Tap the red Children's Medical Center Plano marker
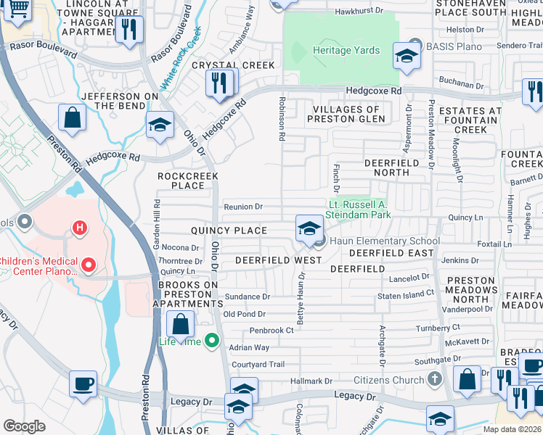click(89, 265)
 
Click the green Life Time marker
click(211, 339)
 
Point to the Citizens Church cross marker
click(434, 379)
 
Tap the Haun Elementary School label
click(385, 241)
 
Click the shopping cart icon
click(17, 9)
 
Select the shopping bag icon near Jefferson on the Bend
click(73, 118)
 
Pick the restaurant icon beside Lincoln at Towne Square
click(130, 30)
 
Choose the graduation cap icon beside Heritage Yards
click(407, 55)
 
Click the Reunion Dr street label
click(243, 207)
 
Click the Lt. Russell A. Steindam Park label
click(360, 210)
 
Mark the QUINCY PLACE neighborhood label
click(229, 231)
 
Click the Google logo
click(24, 426)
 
